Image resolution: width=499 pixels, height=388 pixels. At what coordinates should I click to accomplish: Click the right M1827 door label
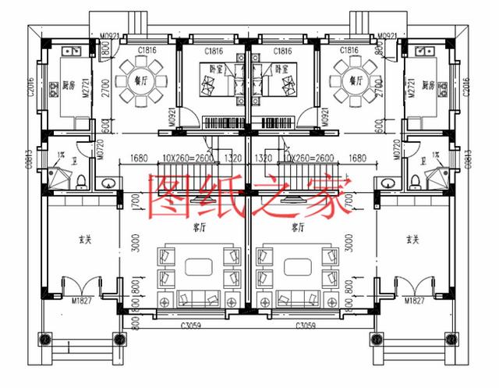413,301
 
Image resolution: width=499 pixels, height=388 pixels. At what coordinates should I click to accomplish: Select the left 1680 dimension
139,158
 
